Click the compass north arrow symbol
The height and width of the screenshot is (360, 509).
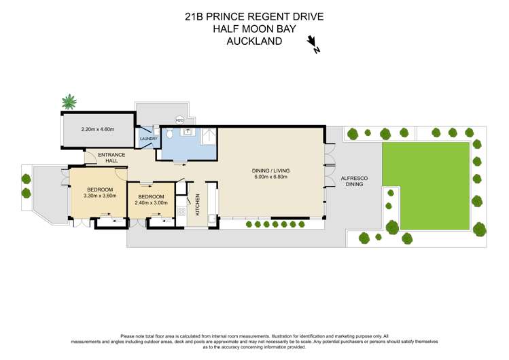pos(313,43)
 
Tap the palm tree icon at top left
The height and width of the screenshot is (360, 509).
pos(69,103)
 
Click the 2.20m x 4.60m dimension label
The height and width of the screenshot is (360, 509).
pos(97,129)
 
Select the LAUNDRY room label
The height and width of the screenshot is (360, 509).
pos(148,139)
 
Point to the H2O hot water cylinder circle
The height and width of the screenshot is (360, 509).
pos(179,120)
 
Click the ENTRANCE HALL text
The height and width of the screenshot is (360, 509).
pos(111,158)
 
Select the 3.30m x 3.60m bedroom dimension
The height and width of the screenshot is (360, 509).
pos(100,195)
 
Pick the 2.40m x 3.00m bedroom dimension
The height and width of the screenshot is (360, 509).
pos(150,202)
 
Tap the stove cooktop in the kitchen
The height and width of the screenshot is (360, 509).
pos(181,211)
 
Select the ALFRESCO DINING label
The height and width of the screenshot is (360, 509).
pos(354,181)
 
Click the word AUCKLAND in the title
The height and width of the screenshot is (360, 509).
pos(254,41)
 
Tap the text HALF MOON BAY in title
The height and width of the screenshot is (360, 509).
pos(254,29)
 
